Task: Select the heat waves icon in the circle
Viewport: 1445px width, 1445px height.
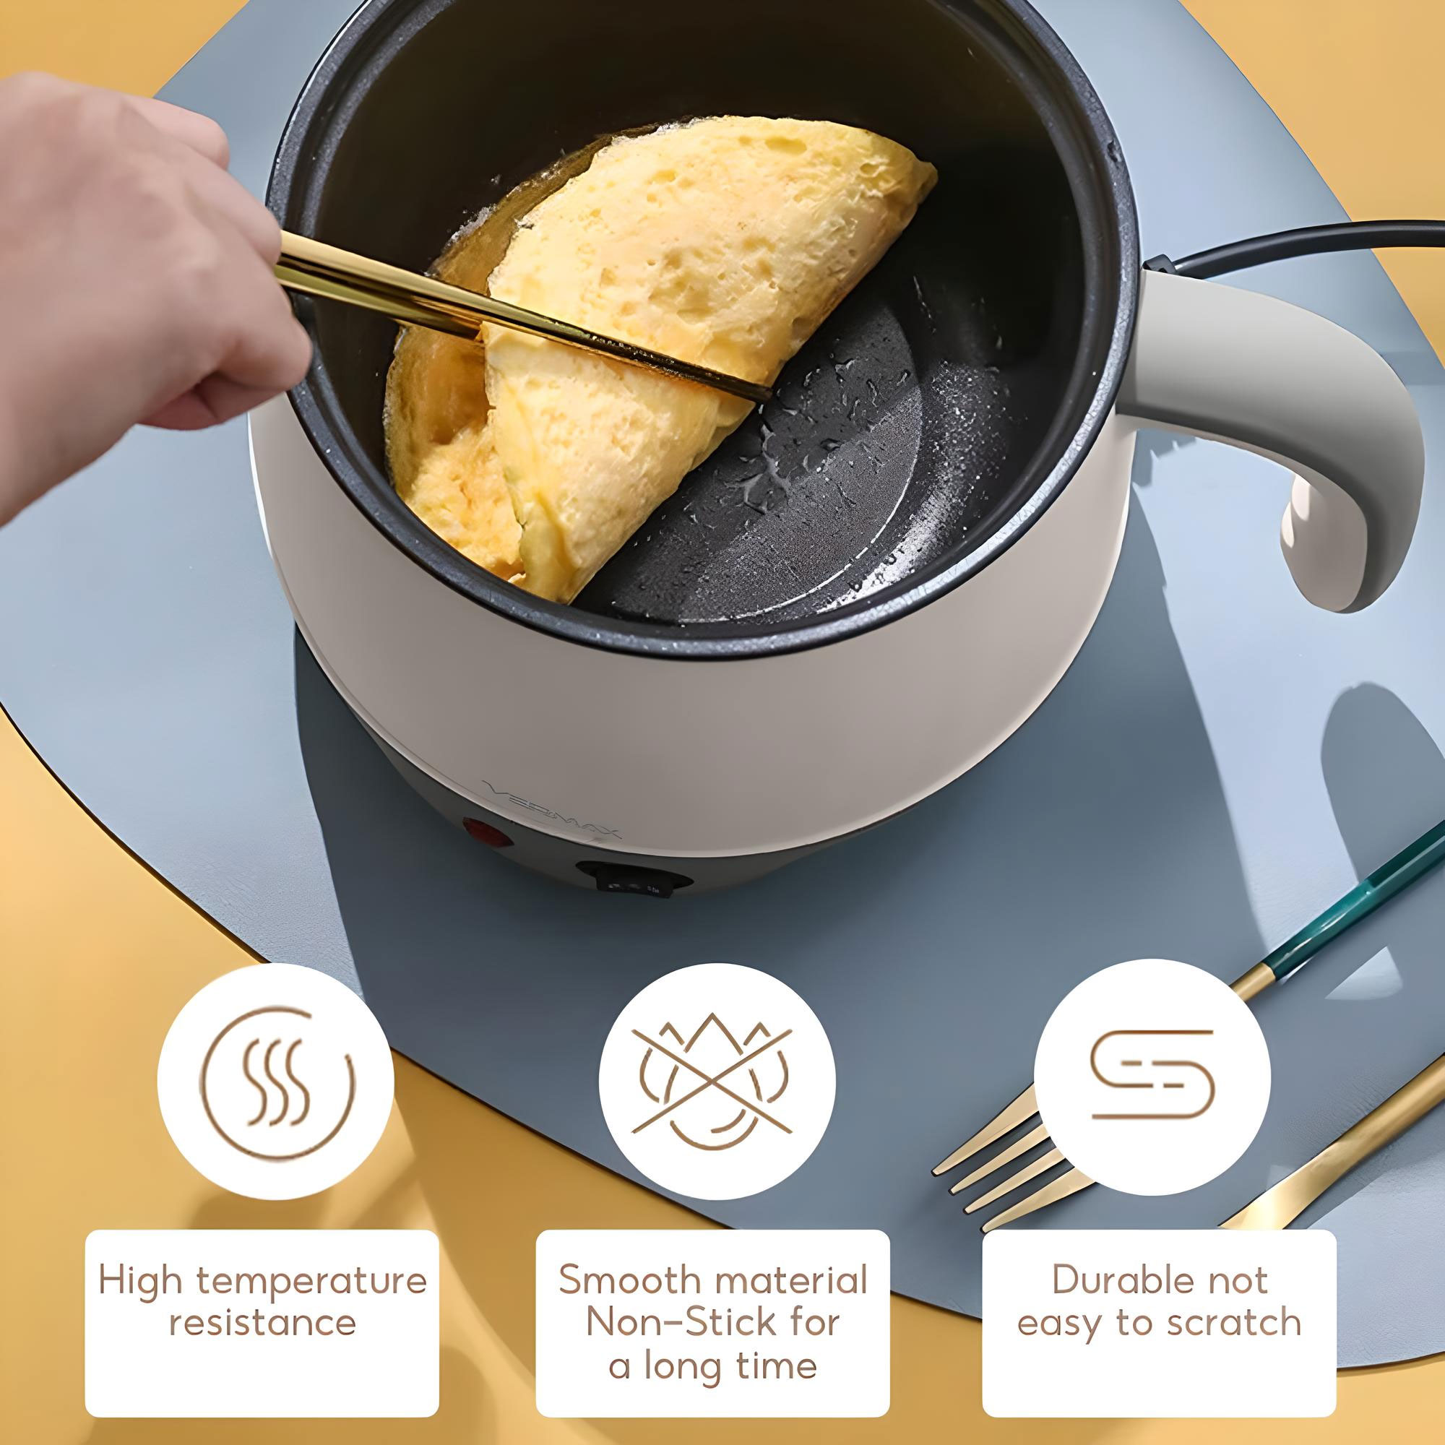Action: (275, 1081)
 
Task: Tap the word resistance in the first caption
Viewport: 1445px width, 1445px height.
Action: (262, 1322)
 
